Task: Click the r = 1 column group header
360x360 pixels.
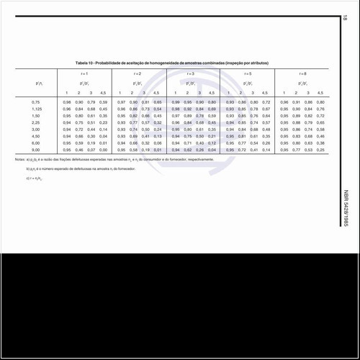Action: click(x=84, y=74)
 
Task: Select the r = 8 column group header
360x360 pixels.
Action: click(x=302, y=74)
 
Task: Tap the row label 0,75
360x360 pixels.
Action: click(x=36, y=103)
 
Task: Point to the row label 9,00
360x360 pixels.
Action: click(x=36, y=150)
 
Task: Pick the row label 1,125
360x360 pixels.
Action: click(x=36, y=109)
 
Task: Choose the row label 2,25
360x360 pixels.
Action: click(x=36, y=123)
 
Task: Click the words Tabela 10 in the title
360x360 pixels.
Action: click(x=85, y=63)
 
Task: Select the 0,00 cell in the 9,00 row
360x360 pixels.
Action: click(x=103, y=150)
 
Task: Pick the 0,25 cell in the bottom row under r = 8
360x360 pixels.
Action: click(x=320, y=150)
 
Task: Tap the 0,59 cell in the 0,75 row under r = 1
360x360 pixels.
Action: click(x=103, y=103)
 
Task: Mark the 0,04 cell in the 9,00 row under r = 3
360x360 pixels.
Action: click(x=212, y=150)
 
